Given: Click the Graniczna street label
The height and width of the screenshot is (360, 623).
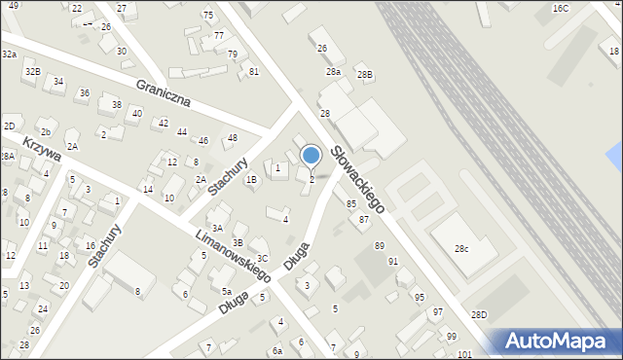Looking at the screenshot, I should [164, 94].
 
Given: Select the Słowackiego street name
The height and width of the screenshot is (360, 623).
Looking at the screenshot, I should [357, 179].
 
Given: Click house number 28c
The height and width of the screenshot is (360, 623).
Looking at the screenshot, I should [460, 249].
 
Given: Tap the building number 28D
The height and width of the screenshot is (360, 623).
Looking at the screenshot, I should [479, 314].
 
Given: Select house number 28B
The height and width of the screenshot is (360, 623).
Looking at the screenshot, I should [364, 74].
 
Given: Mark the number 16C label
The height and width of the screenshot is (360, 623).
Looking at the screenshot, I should [560, 8].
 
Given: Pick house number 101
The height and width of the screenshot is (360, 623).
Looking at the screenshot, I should [464, 353].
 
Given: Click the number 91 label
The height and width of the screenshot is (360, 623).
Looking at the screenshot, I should [393, 261].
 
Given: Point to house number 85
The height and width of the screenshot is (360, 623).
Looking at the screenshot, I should [351, 203].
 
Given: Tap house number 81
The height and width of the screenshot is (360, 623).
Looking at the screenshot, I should [254, 71].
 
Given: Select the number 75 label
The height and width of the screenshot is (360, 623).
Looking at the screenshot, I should [208, 16].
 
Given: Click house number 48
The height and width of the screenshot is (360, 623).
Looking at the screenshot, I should [232, 137].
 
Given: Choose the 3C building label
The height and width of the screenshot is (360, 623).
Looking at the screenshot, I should [262, 243].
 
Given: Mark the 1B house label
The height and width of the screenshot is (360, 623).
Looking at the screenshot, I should [251, 178].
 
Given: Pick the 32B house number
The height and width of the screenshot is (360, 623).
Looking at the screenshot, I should [32, 71].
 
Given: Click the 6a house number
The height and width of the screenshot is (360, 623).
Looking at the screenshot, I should [277, 350].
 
